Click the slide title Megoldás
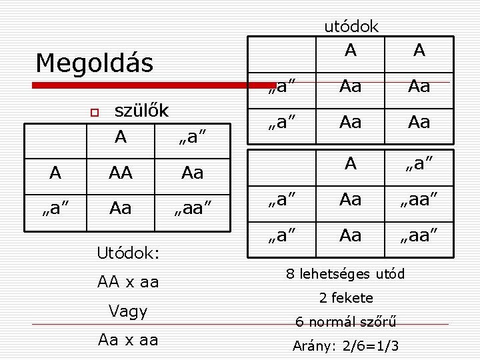pyautogui.click(x=94, y=63)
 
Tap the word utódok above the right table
pyautogui.click(x=351, y=26)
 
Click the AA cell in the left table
pyautogui.click(x=120, y=173)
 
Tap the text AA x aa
pyautogui.click(x=128, y=282)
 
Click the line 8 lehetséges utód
pyautogui.click(x=345, y=274)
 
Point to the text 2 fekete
pyautogui.click(x=345, y=298)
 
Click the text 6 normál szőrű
pyautogui.click(x=345, y=322)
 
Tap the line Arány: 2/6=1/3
pyautogui.click(x=345, y=346)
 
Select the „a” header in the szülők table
pyautogui.click(x=192, y=138)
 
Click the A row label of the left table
pyautogui.click(x=55, y=173)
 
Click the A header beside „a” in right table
pyautogui.click(x=351, y=163)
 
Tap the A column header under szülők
pyautogui.click(x=120, y=137)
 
